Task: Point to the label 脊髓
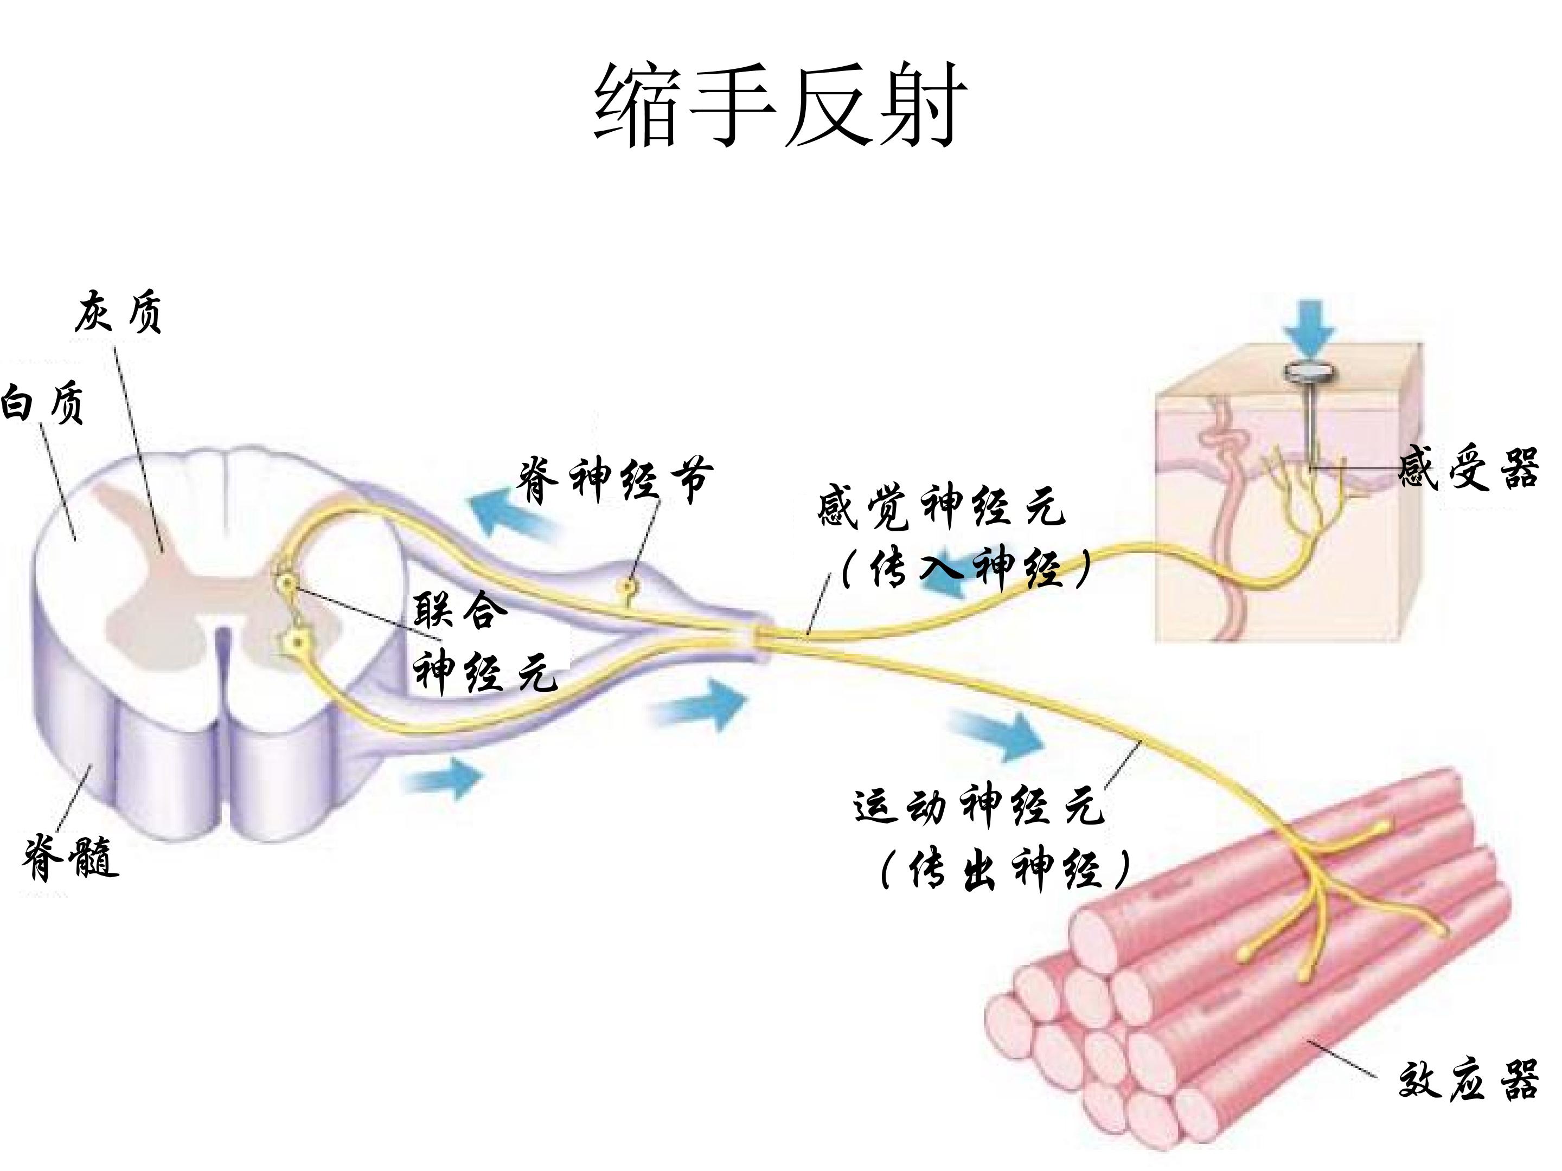(71, 857)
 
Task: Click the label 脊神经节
(616, 479)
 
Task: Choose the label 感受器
(1468, 467)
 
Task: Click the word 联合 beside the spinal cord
(460, 609)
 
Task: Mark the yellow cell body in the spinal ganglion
(626, 584)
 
